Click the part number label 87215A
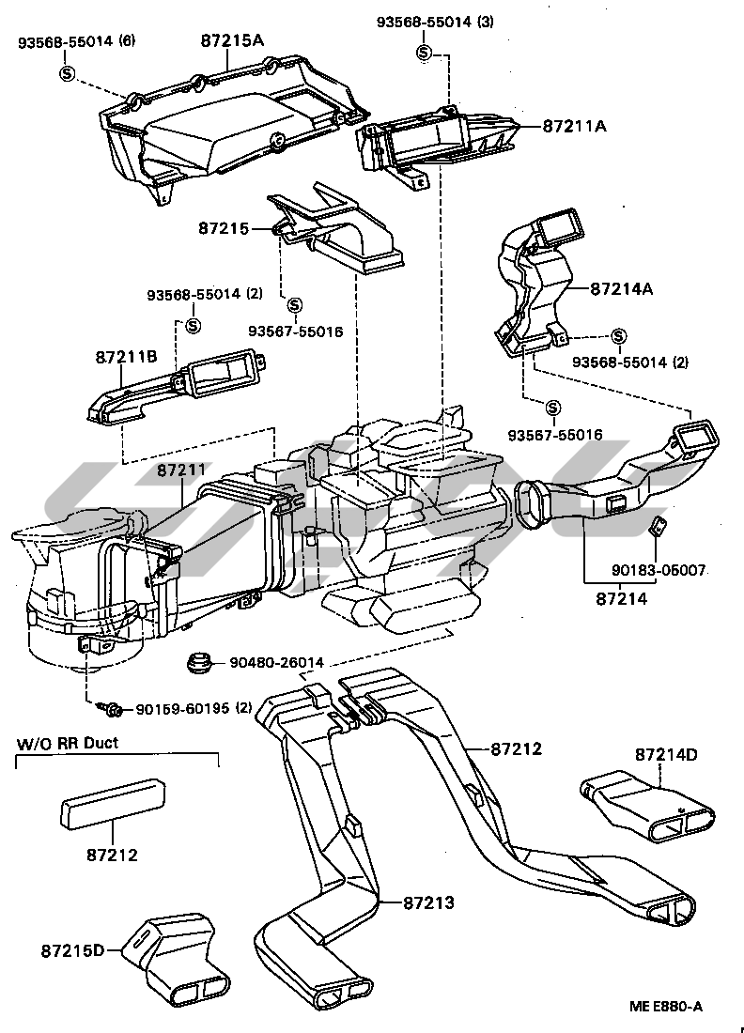[x=232, y=41]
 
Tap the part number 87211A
[x=575, y=126]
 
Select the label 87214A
[x=621, y=289]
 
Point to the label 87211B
[x=125, y=358]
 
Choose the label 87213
[x=428, y=902]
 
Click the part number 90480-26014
[x=276, y=663]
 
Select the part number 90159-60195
[x=185, y=708]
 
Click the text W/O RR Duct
[x=67, y=745]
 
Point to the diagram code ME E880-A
[x=666, y=1006]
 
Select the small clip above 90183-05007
[x=659, y=527]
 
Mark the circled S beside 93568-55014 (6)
[x=67, y=72]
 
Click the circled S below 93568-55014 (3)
[x=424, y=53]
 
